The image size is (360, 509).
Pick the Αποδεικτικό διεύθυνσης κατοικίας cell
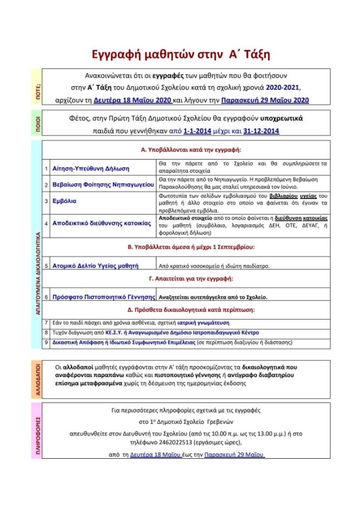[x=101, y=223]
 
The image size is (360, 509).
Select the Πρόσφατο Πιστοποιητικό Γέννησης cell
[x=104, y=297]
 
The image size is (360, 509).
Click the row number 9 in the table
[x=46, y=342]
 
